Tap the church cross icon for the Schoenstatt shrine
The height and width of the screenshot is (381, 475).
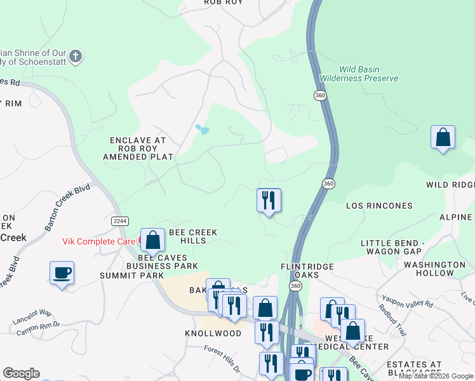coord(76,57)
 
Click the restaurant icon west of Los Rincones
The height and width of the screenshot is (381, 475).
coord(269,201)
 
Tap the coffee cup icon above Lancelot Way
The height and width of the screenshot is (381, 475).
coord(62,273)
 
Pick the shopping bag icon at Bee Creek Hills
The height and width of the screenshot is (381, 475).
coord(152,240)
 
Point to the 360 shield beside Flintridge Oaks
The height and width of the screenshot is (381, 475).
coord(295,286)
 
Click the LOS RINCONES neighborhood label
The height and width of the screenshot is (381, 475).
coord(379,206)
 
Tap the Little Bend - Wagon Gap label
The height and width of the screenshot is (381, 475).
coord(401,248)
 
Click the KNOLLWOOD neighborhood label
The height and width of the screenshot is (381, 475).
coord(213,333)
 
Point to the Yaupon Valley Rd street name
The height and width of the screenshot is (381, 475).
coord(406,304)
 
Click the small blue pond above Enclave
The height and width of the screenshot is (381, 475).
coord(202,130)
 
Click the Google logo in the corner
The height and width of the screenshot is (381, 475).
coord(21,373)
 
